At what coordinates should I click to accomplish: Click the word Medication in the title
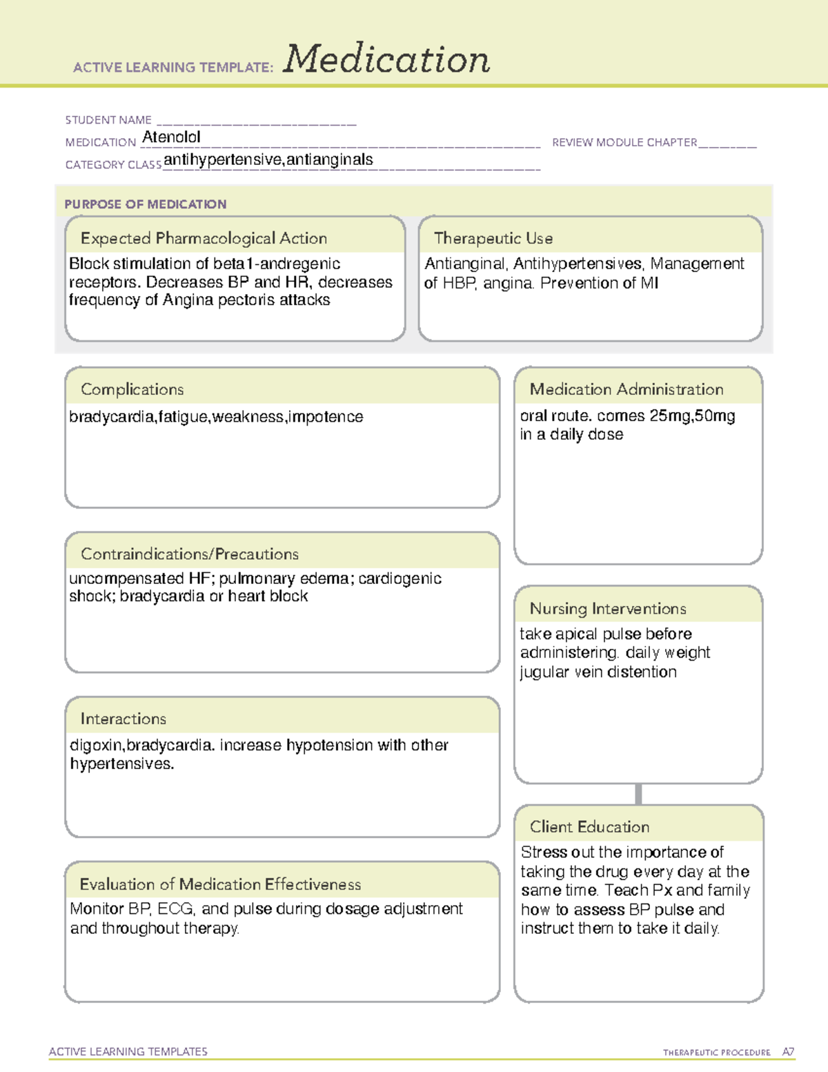pos(386,59)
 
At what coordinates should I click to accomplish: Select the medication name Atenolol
pos(171,137)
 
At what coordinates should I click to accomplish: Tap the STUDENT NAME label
pos(108,120)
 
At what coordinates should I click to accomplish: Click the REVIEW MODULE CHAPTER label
pos(624,143)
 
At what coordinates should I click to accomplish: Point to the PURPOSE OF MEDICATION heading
pos(145,204)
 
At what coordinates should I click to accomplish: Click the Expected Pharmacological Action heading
pos(204,239)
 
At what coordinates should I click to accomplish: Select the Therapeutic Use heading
pos(493,239)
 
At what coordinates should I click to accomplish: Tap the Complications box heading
pos(132,389)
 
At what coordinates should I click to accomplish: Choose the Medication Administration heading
pos(626,389)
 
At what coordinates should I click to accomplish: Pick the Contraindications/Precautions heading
pos(189,554)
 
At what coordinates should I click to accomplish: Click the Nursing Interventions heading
pos(607,609)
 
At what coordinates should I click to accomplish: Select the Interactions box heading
pos(123,719)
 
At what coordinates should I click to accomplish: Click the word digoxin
pos(97,745)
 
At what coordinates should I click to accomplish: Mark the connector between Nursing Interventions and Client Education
pos(638,795)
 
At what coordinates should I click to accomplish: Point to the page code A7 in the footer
pos(787,1052)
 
